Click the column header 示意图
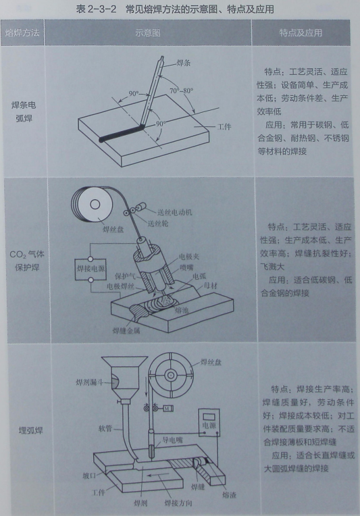(x=148, y=33)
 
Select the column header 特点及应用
(x=301, y=32)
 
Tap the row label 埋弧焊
(x=30, y=430)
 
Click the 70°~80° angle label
(x=181, y=91)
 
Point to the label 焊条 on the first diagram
(x=184, y=63)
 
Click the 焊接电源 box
(x=91, y=269)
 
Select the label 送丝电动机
(x=174, y=212)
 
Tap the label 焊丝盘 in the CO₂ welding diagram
(x=113, y=230)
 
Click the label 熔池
(x=182, y=309)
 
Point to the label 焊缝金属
(x=126, y=330)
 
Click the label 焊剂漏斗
(x=90, y=382)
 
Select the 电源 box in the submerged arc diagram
(x=209, y=422)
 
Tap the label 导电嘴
(x=172, y=440)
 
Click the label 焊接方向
(x=178, y=503)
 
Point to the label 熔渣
(x=229, y=495)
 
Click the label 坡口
(x=89, y=476)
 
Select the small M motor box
(x=168, y=409)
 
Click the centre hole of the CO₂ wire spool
(x=95, y=205)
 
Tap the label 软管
(x=105, y=428)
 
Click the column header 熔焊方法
(x=22, y=32)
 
